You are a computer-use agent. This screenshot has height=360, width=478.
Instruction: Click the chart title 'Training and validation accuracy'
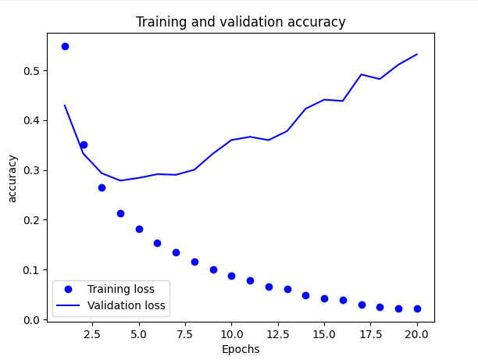pos(241,22)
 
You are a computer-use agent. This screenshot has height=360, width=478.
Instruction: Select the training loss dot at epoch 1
pos(65,46)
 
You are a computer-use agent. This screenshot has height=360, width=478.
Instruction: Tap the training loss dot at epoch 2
pos(84,144)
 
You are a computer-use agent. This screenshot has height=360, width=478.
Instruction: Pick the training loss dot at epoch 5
pos(139,229)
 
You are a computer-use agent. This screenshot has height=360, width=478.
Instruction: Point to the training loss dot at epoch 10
pos(231,276)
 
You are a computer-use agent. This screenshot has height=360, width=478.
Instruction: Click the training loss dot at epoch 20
pos(417,308)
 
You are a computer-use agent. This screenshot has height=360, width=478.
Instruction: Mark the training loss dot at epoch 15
pos(324,298)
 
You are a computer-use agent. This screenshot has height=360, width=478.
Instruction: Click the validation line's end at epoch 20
pos(417,54)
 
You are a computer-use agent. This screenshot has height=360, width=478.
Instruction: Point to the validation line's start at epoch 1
pos(65,105)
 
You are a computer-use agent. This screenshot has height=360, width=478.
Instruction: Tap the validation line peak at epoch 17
pos(362,74)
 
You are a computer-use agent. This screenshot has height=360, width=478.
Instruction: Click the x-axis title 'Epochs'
pos(241,349)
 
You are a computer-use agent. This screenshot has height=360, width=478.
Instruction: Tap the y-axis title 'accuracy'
pos(12,177)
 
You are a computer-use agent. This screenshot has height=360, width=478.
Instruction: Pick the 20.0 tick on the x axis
pos(417,333)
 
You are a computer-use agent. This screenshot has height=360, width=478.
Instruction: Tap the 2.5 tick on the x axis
pos(93,333)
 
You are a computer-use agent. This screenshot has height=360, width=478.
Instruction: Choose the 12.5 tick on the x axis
pos(278,333)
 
